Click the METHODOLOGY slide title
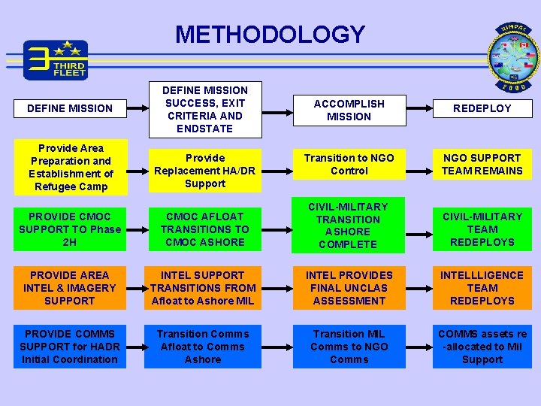coord(270,35)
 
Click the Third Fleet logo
coord(56,60)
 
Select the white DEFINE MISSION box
coord(69,108)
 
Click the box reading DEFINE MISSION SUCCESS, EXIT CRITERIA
coord(206,110)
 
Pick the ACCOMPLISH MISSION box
coord(349,110)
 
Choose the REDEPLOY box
coord(482,108)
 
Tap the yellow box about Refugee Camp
coord(71,167)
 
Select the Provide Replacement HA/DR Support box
coord(205,171)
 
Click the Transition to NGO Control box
coord(349,164)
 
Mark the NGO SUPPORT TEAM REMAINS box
coord(482,164)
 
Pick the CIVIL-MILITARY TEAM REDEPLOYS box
coord(482,229)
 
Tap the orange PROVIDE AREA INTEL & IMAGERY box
coord(70,288)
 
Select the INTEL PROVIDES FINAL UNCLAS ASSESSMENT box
coord(349,288)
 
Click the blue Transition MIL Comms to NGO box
coord(349,347)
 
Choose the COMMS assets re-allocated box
coord(482,347)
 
